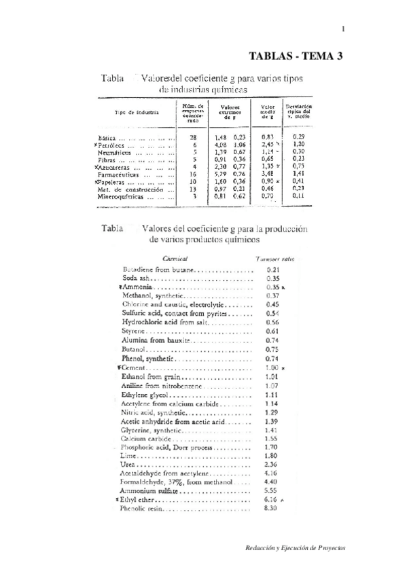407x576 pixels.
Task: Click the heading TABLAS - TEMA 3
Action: (x=296, y=56)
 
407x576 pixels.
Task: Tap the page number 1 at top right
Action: (x=344, y=29)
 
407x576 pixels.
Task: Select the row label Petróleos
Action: (x=116, y=145)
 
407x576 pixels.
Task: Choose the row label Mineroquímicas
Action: (x=124, y=196)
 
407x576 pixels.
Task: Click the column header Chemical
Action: (x=176, y=258)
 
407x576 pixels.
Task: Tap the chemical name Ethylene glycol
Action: (x=144, y=394)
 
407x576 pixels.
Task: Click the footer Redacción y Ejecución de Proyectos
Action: (x=295, y=547)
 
